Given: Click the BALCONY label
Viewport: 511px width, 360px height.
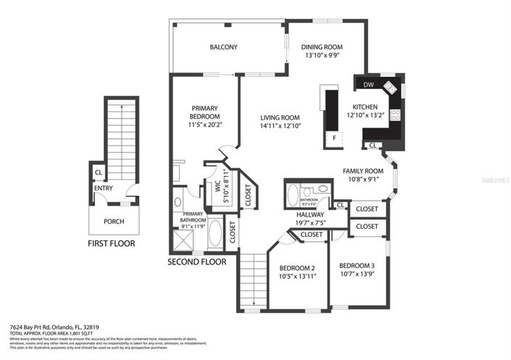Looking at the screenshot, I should (223, 47).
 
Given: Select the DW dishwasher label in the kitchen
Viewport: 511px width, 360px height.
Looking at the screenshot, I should (368, 85).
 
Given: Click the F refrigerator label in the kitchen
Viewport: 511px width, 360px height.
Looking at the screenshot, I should (333, 138).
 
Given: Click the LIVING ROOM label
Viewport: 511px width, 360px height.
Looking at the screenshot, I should (281, 117).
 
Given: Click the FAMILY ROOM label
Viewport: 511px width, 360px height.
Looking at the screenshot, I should (363, 171).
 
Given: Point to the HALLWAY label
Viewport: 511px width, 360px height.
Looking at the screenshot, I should (311, 214).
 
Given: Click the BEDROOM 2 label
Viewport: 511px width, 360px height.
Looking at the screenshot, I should (297, 267).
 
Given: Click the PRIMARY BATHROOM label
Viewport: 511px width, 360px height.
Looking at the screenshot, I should (194, 217).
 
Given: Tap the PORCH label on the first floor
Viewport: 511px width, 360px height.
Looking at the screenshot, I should (114, 222).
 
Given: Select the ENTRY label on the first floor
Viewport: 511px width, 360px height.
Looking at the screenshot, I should (103, 188).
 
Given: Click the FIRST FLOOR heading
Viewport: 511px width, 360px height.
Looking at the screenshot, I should (111, 243).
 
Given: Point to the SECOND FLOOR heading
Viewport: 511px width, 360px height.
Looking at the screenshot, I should (197, 261).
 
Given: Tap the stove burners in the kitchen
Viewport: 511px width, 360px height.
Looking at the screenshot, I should (396, 114).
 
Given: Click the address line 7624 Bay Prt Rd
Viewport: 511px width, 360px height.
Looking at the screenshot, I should (54, 327).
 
